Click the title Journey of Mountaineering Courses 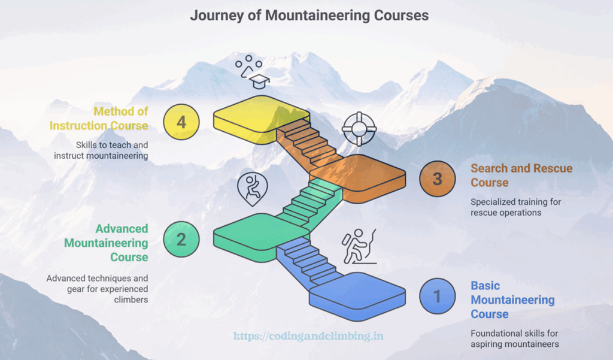point(309,16)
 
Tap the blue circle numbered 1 point(437,296)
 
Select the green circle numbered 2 point(181,240)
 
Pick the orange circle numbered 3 point(437,179)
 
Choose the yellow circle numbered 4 point(181,122)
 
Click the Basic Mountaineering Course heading point(512,300)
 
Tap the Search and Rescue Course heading point(521,176)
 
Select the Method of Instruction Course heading point(99,118)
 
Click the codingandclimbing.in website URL point(308,337)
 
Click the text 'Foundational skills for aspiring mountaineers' point(515,338)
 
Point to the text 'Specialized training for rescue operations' point(515,207)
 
